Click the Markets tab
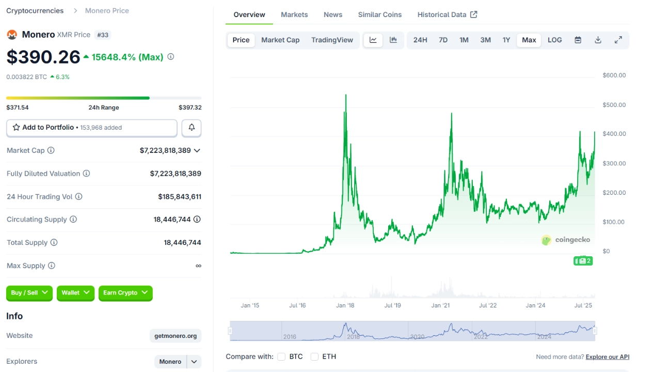(x=294, y=14)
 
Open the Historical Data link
(x=447, y=14)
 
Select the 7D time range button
(x=443, y=40)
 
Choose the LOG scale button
(x=554, y=40)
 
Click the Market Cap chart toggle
(x=280, y=40)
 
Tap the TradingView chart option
(x=332, y=40)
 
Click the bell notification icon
(x=192, y=128)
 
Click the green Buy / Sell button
(x=29, y=293)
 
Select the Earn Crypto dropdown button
(x=125, y=293)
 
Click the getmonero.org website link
(x=176, y=336)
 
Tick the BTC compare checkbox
(x=281, y=357)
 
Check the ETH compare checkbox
(x=314, y=357)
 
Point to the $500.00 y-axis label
(x=614, y=105)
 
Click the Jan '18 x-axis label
(x=345, y=305)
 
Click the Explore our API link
(x=607, y=357)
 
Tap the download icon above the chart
(x=598, y=40)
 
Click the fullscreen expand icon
(x=618, y=40)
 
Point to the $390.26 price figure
(x=43, y=57)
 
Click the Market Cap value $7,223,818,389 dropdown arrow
(x=197, y=150)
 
